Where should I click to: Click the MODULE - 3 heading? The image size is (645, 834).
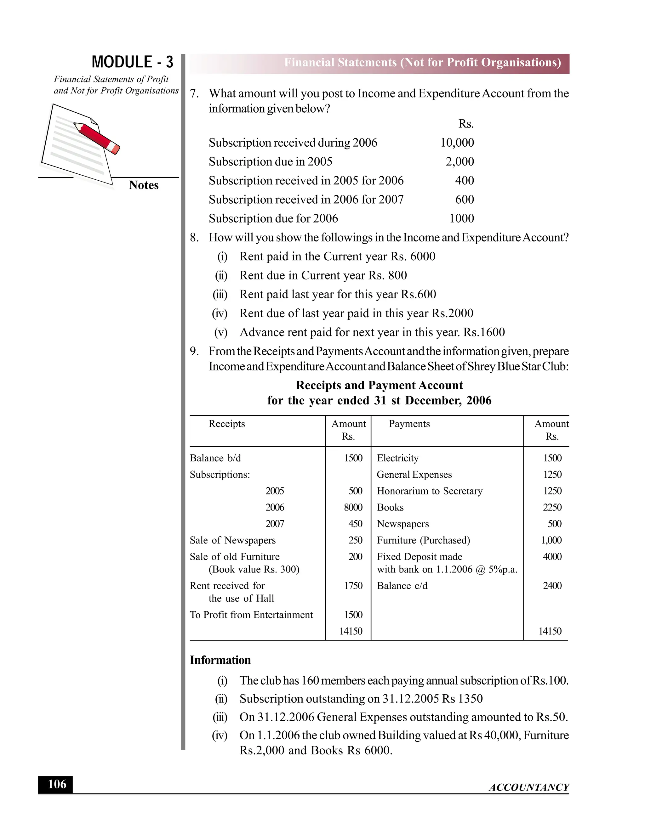coord(132,62)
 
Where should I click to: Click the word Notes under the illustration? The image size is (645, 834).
coord(143,185)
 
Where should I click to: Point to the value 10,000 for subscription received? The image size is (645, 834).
coord(457,143)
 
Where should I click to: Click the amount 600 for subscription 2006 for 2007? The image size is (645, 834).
coord(464,199)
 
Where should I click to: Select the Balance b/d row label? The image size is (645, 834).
coord(215,458)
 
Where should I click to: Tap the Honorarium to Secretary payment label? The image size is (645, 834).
coord(430,491)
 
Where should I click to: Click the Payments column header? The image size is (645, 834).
coord(409,424)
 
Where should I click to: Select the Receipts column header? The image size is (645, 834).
coord(226,424)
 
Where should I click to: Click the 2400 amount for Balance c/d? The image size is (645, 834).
coord(552,585)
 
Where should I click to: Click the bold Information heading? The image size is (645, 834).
coord(220,660)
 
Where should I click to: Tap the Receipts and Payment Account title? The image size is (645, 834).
coord(379,385)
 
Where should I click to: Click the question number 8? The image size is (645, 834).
coord(194,238)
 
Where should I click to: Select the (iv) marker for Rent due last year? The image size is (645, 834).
coord(220,313)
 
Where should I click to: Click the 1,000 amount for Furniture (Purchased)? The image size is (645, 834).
coord(551,540)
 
